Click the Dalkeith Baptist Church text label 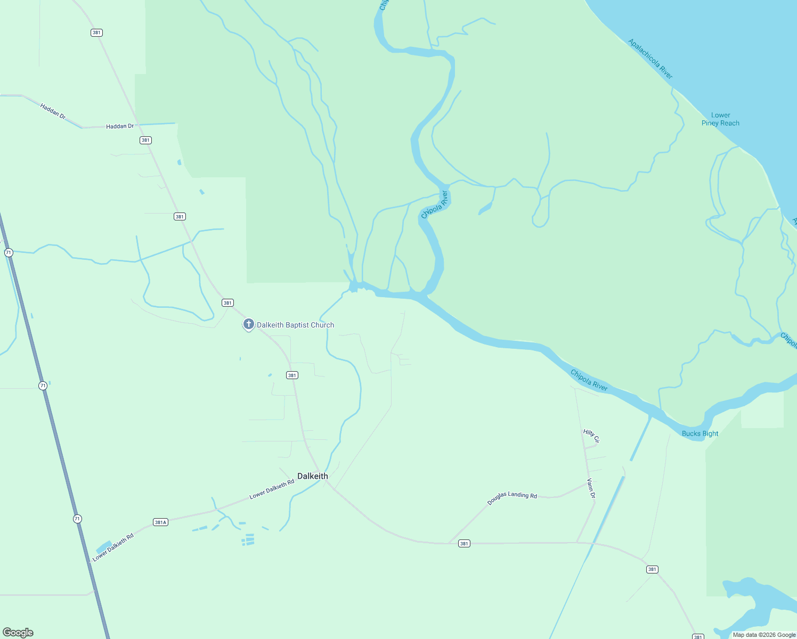point(296,325)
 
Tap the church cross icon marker point(248,324)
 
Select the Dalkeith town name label point(313,476)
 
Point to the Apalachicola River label point(650,59)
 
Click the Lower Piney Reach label point(720,119)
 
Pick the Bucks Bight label point(700,433)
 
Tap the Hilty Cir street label point(591,436)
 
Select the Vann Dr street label point(591,488)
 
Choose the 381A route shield point(160,522)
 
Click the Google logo point(18,633)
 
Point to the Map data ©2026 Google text point(764,635)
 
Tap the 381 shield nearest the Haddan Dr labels point(145,140)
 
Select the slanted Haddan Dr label point(53,111)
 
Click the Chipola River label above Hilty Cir point(589,380)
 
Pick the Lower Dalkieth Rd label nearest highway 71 point(113,547)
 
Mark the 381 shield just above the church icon point(227,303)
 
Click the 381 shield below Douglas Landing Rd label point(464,544)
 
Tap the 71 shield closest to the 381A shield point(77,519)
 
